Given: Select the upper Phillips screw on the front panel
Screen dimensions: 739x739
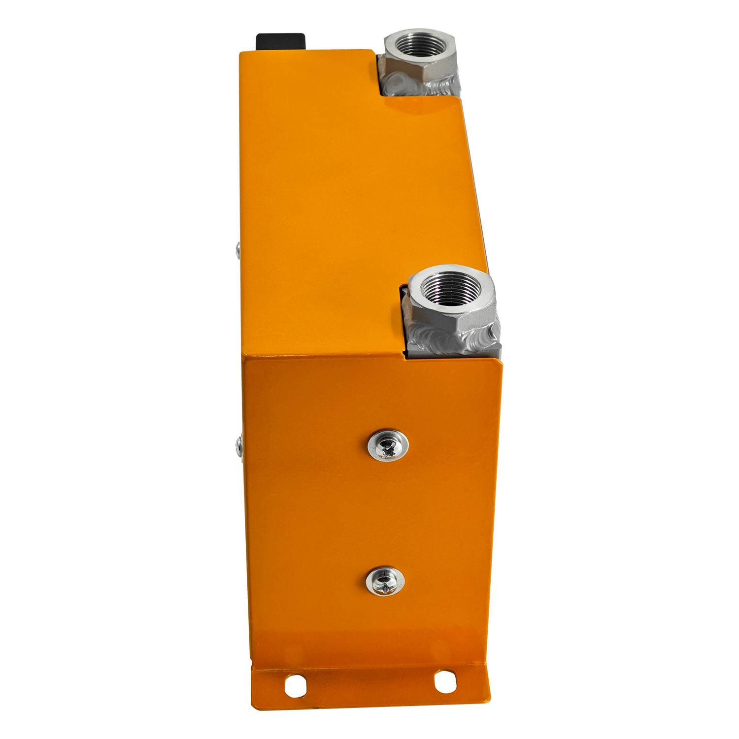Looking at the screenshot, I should [x=388, y=445].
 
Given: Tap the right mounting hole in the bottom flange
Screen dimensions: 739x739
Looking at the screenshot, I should [x=445, y=681].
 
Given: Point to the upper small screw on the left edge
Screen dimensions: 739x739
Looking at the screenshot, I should [x=237, y=251].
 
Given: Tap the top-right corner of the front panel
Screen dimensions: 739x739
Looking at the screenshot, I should [x=500, y=363].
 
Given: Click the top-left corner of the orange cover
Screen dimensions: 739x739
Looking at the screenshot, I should [x=241, y=52].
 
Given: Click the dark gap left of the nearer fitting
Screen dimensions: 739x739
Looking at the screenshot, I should [x=403, y=320].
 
